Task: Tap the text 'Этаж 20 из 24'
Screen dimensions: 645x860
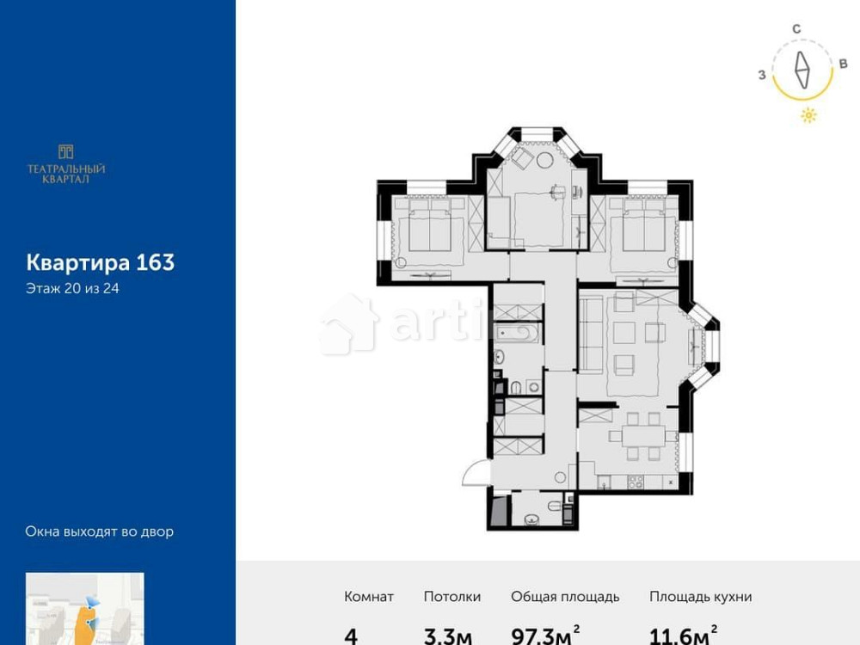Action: coord(72,289)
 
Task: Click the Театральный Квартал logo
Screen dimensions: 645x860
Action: coord(66,163)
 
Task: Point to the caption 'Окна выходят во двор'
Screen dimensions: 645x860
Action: coord(99,531)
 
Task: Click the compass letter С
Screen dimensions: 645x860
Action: coord(797,29)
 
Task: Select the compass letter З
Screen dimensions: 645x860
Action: coord(762,75)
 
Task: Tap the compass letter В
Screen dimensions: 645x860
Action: coord(843,64)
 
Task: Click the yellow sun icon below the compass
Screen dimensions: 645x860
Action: coord(808,115)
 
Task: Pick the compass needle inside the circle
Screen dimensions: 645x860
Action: coord(802,71)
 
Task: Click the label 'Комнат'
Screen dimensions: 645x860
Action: coord(369,597)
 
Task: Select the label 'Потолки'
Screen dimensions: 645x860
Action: coord(452,597)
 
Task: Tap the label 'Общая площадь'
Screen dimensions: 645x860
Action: coord(565,597)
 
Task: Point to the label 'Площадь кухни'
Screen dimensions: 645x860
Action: coord(701,597)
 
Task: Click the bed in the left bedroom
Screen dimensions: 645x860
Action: coord(427,233)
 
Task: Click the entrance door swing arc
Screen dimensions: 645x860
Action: coord(474,472)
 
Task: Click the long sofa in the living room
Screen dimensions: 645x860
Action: coord(590,342)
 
